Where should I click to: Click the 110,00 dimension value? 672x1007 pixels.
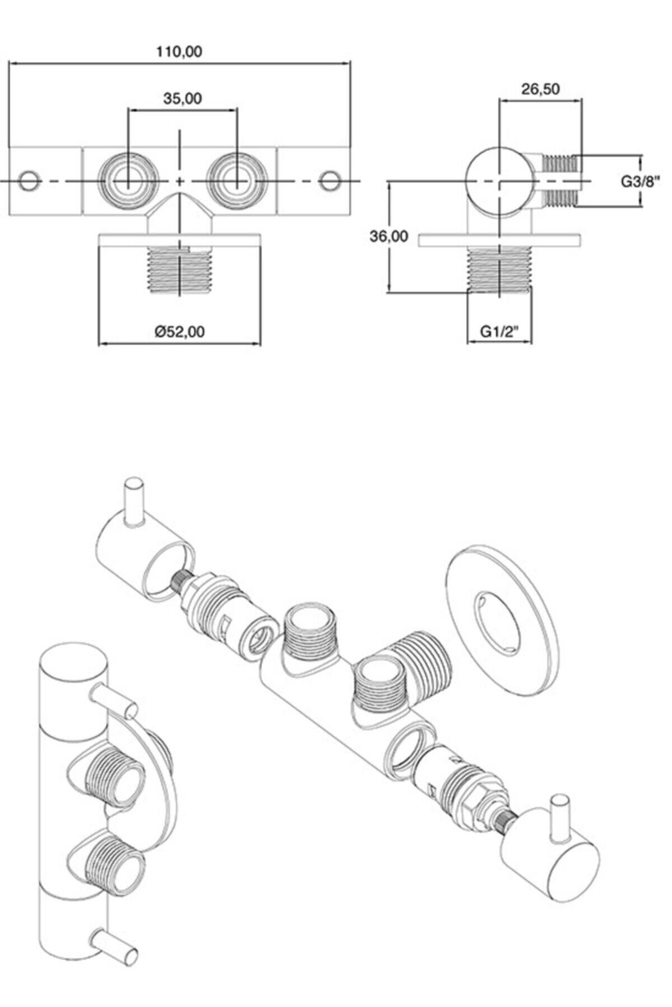pos(179,52)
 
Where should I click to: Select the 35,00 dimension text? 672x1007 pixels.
pos(183,98)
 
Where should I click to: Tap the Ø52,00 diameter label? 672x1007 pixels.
pos(180,332)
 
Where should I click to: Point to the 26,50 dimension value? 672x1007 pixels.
pos(540,89)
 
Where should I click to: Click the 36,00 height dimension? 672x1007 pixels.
pos(389,237)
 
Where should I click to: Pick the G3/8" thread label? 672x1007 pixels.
pos(641,181)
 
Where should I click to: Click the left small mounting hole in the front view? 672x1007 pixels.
pos(28,181)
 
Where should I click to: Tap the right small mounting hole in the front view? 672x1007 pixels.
pos(329,181)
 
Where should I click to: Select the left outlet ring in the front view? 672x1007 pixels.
pos(127,181)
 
